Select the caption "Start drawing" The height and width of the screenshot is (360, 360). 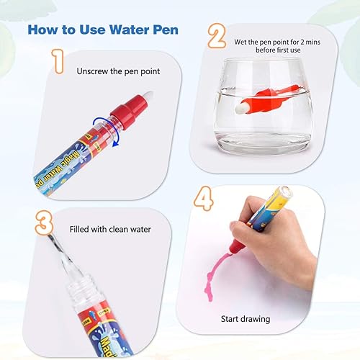[245, 318]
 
